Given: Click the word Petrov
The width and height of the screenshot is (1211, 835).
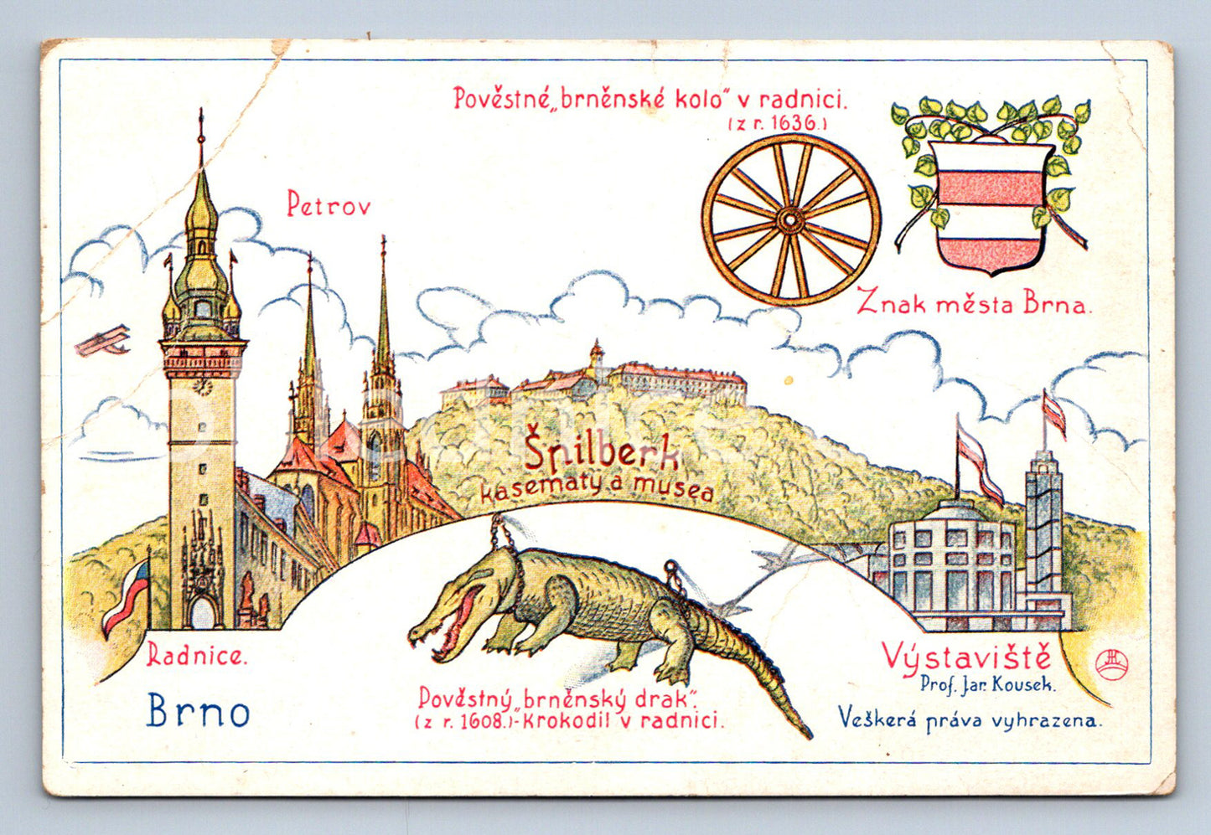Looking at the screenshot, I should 329,204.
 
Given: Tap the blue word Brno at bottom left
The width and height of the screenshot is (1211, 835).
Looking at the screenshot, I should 198,712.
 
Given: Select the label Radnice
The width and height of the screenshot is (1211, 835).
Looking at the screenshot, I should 197,655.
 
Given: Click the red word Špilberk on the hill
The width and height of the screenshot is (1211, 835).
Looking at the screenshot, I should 602,454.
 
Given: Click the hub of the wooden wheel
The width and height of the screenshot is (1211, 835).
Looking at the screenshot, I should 789,220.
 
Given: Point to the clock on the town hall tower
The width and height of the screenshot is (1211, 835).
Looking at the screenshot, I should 202,386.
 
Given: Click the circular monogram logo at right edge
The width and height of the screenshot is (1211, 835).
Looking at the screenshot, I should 1110,664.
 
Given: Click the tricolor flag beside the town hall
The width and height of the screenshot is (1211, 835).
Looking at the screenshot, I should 126,595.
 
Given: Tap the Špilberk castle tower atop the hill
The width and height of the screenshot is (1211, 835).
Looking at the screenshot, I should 596,356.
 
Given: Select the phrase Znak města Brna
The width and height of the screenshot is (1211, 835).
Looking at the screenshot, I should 974,303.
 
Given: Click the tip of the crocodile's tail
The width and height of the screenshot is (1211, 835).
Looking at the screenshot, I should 808,735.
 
